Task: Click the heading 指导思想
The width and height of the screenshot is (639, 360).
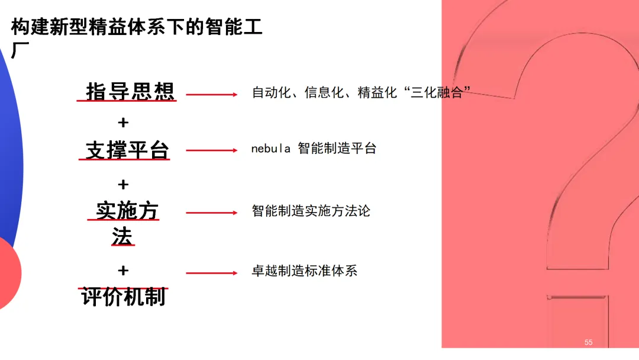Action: click(130, 92)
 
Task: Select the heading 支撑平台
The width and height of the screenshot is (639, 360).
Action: click(127, 150)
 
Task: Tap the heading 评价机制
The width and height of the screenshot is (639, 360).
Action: click(124, 297)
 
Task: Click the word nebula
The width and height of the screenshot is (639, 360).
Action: click(270, 149)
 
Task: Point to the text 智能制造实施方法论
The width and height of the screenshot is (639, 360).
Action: click(311, 211)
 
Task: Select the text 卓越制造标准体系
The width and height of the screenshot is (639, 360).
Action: click(304, 271)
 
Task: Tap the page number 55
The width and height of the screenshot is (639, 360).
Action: click(588, 342)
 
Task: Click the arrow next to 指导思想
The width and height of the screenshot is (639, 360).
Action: click(211, 94)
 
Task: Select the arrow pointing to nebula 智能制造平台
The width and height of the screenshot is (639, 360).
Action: click(211, 150)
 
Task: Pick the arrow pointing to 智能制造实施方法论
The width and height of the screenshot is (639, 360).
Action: click(211, 213)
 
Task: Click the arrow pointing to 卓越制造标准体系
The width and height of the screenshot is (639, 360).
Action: click(211, 273)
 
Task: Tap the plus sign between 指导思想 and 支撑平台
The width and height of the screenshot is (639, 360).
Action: click(123, 123)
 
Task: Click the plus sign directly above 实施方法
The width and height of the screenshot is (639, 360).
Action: click(123, 185)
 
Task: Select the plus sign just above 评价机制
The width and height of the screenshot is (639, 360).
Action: click(123, 271)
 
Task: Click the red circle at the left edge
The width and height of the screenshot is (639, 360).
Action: click(8, 272)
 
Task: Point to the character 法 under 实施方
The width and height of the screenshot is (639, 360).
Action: click(122, 236)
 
